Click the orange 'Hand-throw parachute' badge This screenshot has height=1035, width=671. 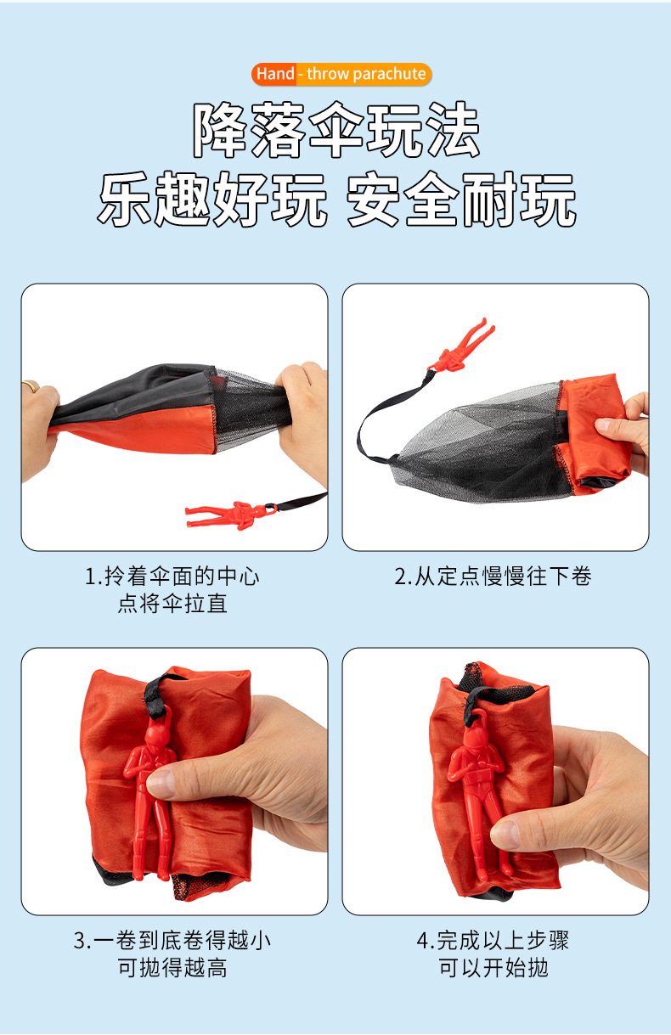click(x=341, y=74)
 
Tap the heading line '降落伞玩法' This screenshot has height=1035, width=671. click(x=336, y=130)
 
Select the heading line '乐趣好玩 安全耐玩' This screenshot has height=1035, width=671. click(x=336, y=200)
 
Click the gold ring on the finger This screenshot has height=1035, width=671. click(x=31, y=385)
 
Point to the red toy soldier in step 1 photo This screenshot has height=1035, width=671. click(x=231, y=515)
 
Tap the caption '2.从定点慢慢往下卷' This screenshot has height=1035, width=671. click(x=493, y=577)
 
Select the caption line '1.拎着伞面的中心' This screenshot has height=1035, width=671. click(x=172, y=577)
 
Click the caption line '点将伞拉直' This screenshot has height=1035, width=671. click(x=172, y=604)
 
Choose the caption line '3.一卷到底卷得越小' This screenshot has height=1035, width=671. click(x=172, y=940)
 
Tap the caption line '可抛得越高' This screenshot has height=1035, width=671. click(x=172, y=968)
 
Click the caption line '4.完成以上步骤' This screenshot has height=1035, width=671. click(x=493, y=940)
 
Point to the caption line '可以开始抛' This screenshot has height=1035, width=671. click(x=493, y=968)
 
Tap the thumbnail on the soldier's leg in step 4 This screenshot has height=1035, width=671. click(x=505, y=835)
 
